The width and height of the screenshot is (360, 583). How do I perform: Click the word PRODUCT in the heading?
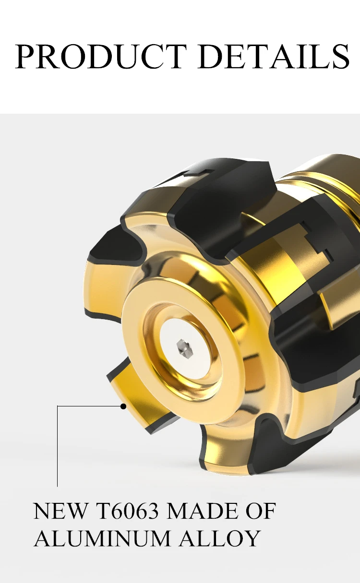tap(101, 56)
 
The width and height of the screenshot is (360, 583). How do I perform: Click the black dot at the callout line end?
tap(123, 406)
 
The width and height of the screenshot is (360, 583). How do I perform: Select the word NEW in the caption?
tap(60, 511)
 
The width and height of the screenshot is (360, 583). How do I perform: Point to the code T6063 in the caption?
tap(127, 511)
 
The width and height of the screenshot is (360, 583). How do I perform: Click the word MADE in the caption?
tap(202, 511)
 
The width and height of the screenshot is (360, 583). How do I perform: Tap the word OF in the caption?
tap(261, 511)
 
